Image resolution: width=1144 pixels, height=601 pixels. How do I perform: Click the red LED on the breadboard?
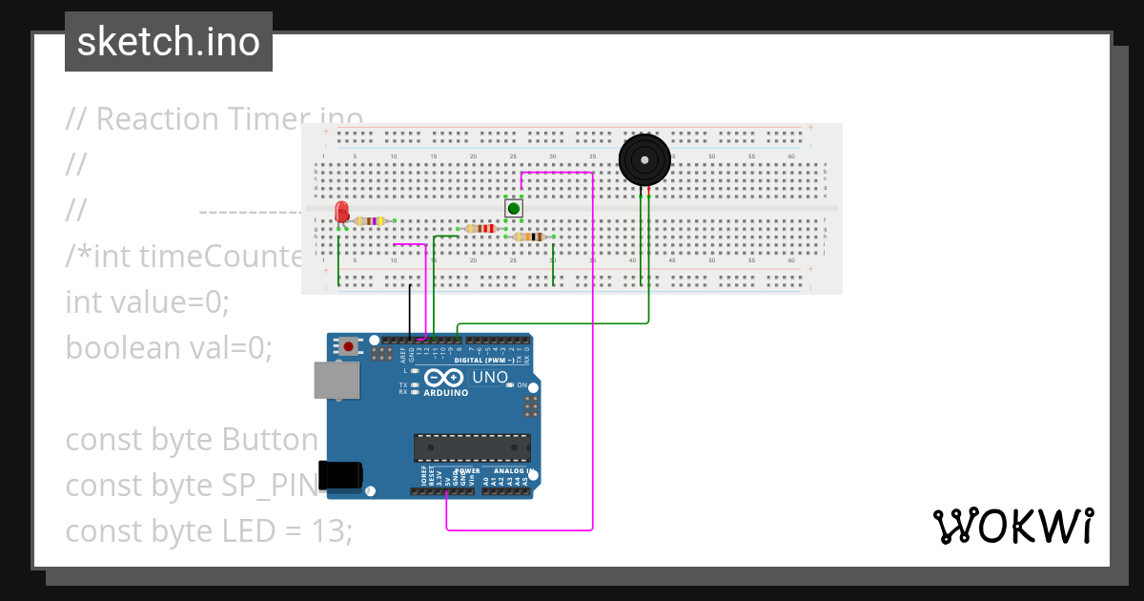pyautogui.click(x=341, y=212)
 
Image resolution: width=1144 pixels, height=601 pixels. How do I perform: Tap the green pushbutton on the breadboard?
pyautogui.click(x=513, y=208)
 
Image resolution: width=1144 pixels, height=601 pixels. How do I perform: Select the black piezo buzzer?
pyautogui.click(x=644, y=158)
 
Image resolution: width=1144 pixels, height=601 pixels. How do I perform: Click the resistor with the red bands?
pyautogui.click(x=480, y=229)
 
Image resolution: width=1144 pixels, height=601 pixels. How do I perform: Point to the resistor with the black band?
pyautogui.click(x=528, y=237)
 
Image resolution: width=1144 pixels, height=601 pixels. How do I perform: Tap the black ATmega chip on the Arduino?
pyautogui.click(x=472, y=447)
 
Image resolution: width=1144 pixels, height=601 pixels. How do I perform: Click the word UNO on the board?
pyautogui.click(x=490, y=377)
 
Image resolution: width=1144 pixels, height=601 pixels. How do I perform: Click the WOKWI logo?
pyautogui.click(x=1012, y=526)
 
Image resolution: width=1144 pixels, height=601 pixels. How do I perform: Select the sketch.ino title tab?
pyautogui.click(x=169, y=42)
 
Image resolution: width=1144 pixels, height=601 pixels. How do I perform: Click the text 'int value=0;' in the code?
pyautogui.click(x=148, y=302)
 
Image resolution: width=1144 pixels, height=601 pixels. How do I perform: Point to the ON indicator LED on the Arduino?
pyautogui.click(x=510, y=385)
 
